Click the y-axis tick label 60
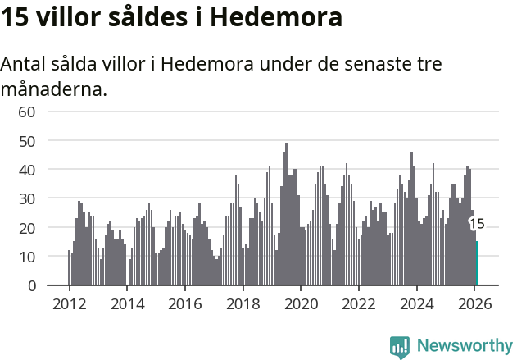click(27, 112)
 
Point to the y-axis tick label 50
click(27, 141)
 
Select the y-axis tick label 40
click(27, 170)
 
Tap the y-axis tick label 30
click(27, 198)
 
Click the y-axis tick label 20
click(27, 228)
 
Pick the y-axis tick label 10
click(27, 257)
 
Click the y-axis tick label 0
click(31, 286)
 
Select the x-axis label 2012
click(69, 303)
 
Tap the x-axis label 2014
click(127, 303)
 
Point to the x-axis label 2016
click(184, 303)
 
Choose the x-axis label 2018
click(243, 303)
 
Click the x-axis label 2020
click(301, 303)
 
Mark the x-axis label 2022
click(358, 303)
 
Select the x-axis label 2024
click(416, 303)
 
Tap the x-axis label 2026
click(474, 303)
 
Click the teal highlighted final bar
click(476, 263)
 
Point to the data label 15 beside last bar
click(477, 224)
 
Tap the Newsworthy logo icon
click(400, 347)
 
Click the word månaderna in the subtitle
click(54, 89)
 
